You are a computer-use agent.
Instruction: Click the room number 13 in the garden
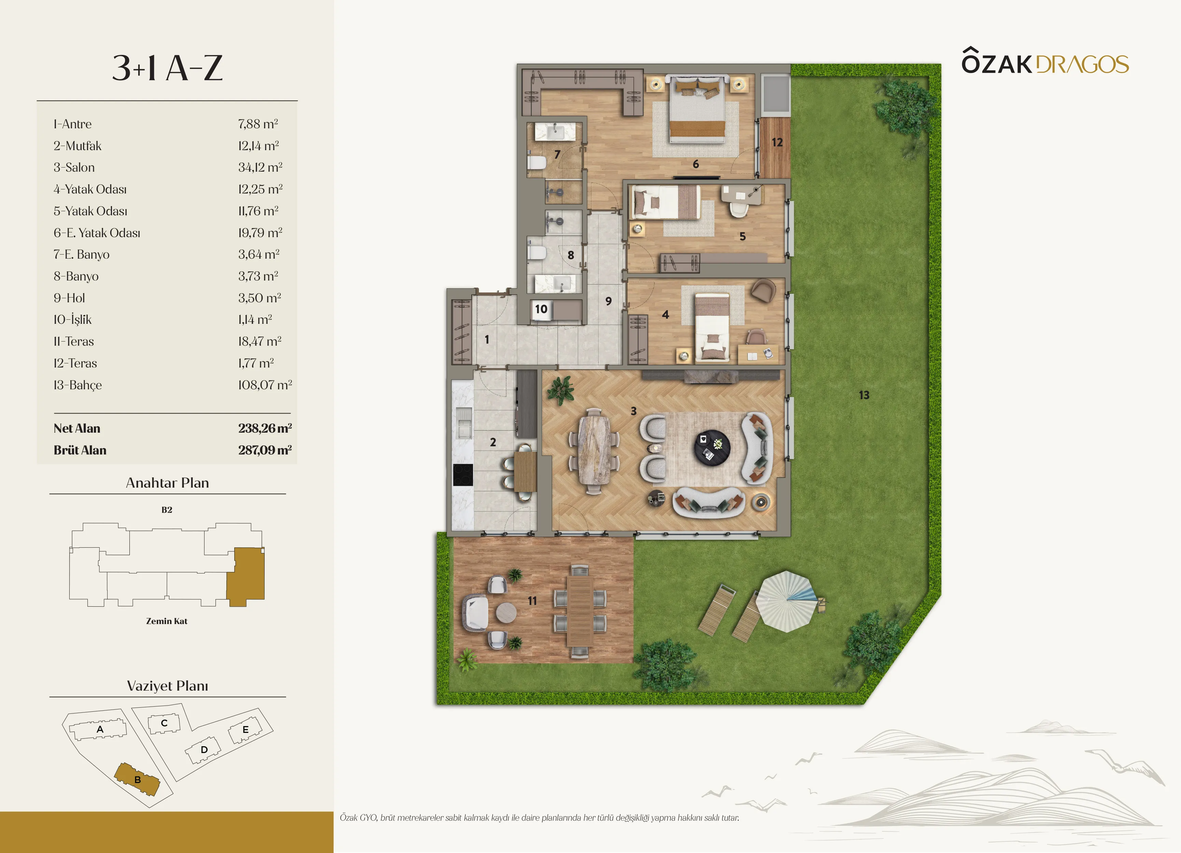[864, 395]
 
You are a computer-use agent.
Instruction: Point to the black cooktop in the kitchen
[463, 475]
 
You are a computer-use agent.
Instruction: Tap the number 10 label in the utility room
[541, 309]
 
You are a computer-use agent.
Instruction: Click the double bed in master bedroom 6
[697, 109]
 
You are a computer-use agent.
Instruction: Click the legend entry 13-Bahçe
[78, 385]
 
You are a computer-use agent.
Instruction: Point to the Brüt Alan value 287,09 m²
[265, 450]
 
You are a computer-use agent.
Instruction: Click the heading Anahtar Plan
[167, 482]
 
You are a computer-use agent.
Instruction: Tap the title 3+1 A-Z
[167, 68]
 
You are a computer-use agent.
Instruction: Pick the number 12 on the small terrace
[777, 142]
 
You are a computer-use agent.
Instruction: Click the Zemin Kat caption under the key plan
[167, 621]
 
